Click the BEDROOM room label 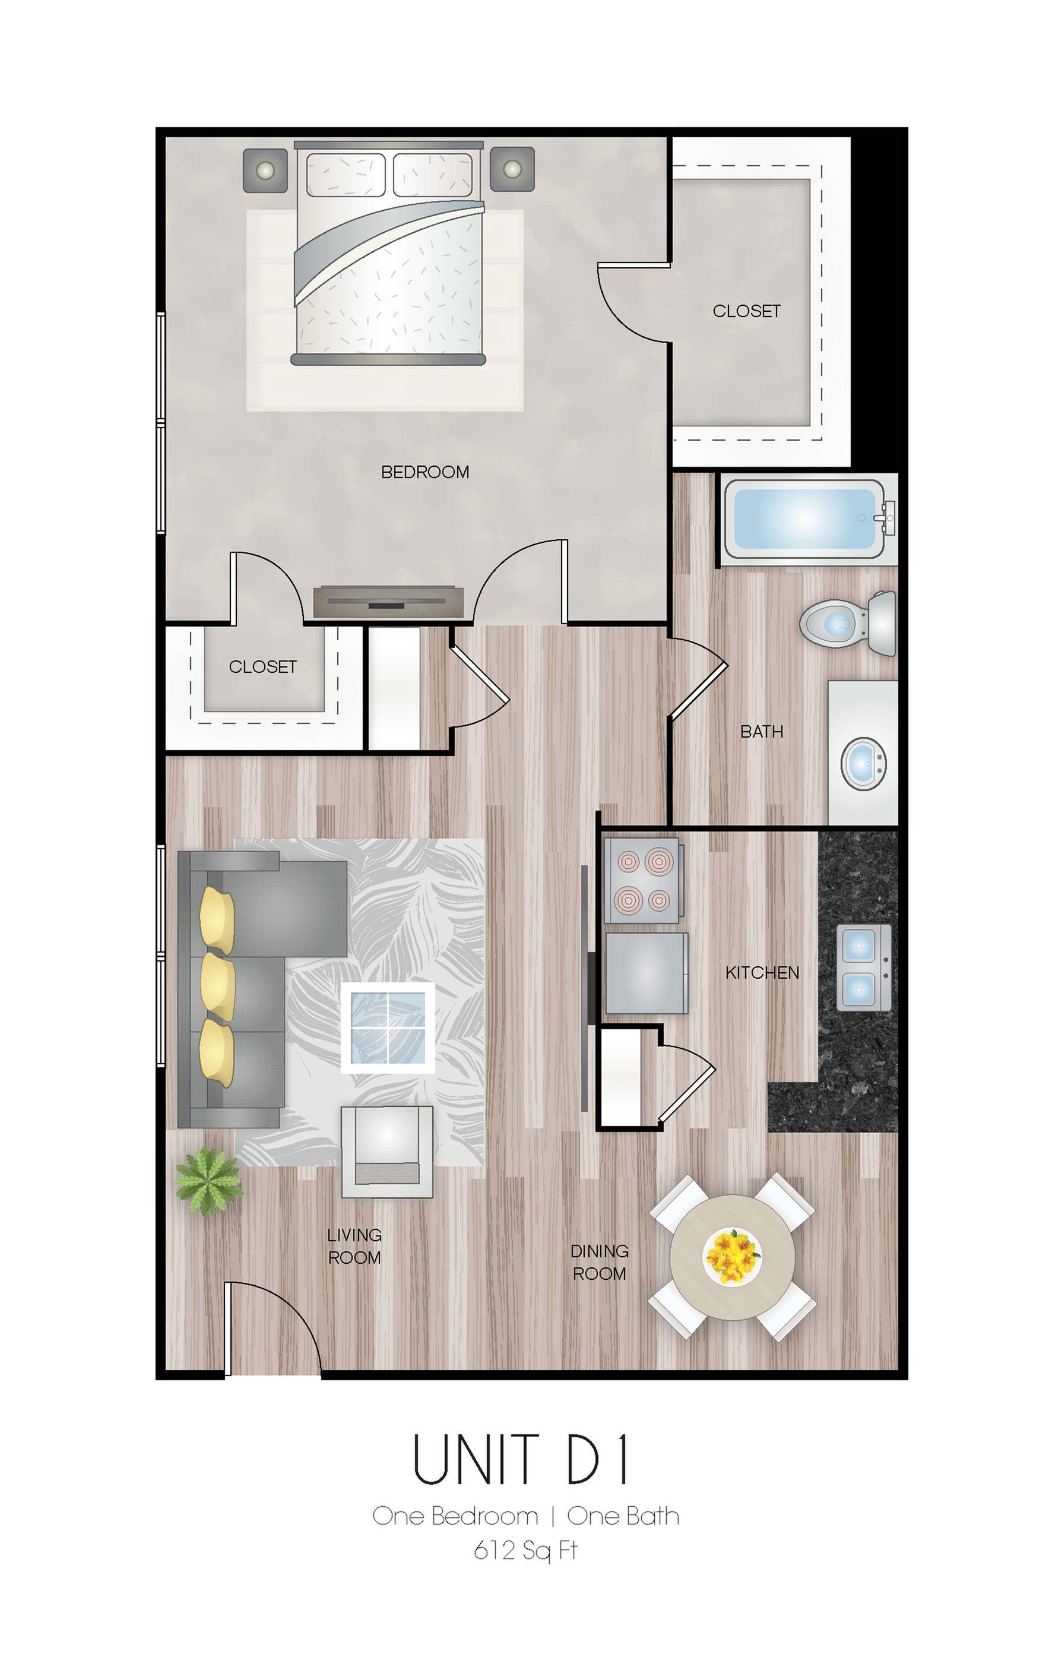(425, 472)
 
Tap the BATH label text (762, 732)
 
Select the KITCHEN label (762, 973)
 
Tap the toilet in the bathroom (848, 623)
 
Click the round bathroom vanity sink (864, 764)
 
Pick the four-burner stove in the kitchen (644, 880)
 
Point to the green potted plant (209, 1181)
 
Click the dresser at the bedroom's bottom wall (389, 602)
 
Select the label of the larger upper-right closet (746, 311)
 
